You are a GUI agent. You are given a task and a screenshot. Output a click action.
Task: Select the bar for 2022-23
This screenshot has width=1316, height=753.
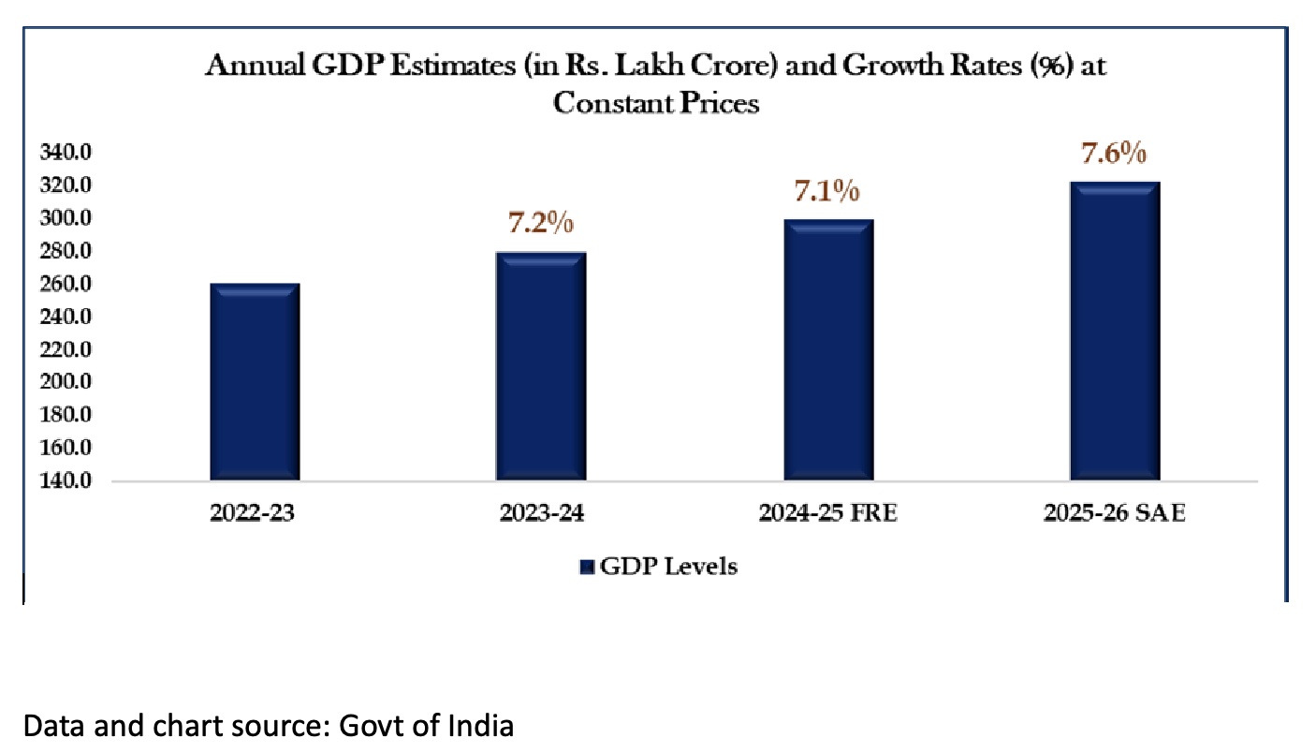[x=255, y=382]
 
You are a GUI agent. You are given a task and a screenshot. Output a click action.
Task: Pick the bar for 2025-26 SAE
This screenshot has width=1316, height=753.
[x=1115, y=332]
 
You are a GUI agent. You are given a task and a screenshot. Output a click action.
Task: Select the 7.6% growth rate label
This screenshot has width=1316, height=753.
[x=1115, y=154]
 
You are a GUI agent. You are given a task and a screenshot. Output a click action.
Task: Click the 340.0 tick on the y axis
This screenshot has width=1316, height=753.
[x=65, y=153]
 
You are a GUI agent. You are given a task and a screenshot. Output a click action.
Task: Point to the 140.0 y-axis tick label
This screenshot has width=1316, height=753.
[x=65, y=481]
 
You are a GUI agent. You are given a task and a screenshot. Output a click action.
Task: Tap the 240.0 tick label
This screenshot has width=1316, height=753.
[x=65, y=317]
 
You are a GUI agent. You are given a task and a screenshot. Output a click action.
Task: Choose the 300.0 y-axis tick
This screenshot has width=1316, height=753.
[x=65, y=218]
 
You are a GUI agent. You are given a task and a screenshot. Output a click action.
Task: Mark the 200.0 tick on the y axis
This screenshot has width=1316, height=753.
[x=65, y=383]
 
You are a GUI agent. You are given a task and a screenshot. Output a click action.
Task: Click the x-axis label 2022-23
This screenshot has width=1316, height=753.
[x=255, y=514]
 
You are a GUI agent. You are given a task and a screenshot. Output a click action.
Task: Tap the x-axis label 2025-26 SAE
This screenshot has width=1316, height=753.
[x=1115, y=514]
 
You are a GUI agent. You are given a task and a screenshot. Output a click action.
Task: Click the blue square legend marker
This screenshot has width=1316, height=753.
[x=588, y=567]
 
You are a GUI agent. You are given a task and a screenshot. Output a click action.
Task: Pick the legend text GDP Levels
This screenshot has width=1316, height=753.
[x=668, y=567]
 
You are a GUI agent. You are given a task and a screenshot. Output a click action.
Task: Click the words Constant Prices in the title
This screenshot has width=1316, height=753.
[x=655, y=103]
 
